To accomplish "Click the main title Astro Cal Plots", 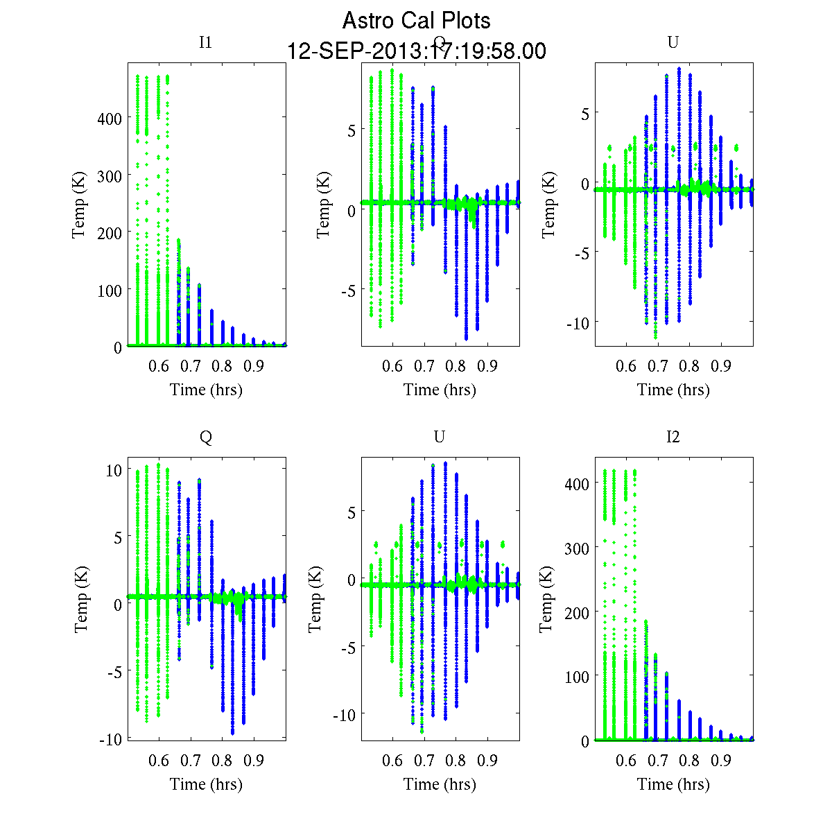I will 416,21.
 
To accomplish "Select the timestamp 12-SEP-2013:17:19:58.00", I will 416,51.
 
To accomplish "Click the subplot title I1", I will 205,43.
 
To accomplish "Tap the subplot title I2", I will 673,437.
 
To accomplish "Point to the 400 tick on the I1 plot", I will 108,119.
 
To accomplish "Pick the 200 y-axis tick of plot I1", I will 108,233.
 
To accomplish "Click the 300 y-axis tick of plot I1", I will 108,176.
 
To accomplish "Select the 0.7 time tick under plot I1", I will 191,365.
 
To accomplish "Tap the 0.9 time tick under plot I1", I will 254,365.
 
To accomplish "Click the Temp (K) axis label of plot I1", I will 80,205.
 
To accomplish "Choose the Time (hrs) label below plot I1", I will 206,390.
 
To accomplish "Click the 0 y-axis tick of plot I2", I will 584,741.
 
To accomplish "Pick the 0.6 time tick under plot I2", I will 626,761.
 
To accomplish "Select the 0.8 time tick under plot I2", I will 689,761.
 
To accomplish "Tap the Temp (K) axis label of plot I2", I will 547,600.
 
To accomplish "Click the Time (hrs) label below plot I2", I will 673,784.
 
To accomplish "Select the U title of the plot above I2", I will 673,43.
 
